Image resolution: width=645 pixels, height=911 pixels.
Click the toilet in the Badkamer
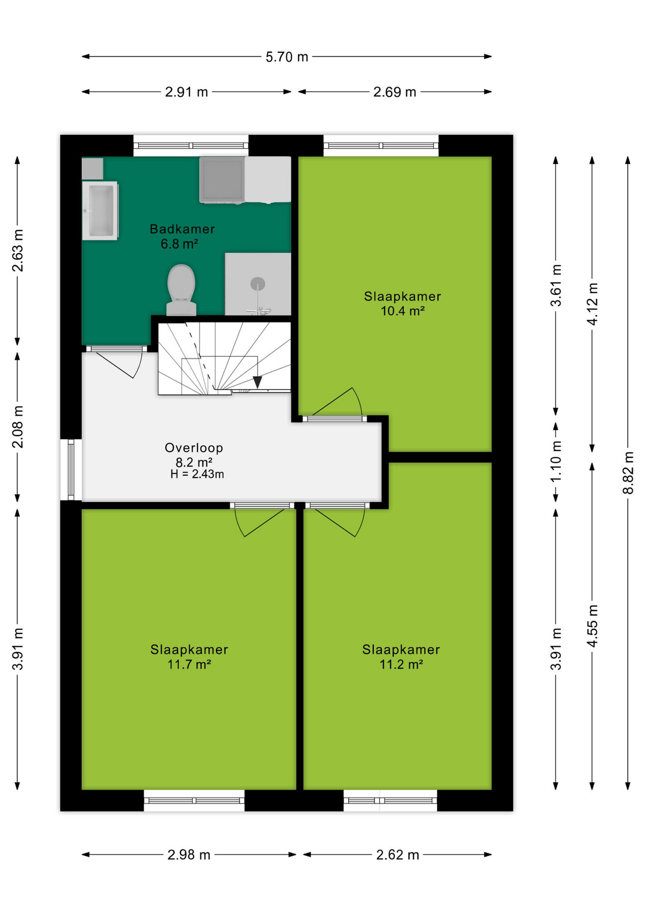pyautogui.click(x=181, y=289)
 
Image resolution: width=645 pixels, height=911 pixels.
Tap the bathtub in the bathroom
pyautogui.click(x=100, y=211)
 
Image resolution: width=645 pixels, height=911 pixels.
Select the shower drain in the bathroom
pyautogui.click(x=257, y=284)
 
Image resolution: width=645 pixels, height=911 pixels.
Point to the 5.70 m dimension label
pyautogui.click(x=287, y=57)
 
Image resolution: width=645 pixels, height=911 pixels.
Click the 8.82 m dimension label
pyautogui.click(x=628, y=473)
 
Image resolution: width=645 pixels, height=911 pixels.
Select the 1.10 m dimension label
pyautogui.click(x=556, y=461)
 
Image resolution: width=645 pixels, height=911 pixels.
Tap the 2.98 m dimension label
pyautogui.click(x=189, y=855)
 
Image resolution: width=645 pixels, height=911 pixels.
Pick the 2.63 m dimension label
pyautogui.click(x=18, y=251)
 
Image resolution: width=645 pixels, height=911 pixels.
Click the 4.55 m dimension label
pyautogui.click(x=592, y=626)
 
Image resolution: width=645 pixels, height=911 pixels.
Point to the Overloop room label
pyautogui.click(x=194, y=447)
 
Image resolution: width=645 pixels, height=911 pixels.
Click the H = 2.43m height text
pyautogui.click(x=197, y=474)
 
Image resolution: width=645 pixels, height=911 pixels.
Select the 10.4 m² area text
pyautogui.click(x=402, y=311)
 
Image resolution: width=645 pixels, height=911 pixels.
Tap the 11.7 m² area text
pyautogui.click(x=189, y=664)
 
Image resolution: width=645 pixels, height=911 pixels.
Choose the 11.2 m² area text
pyautogui.click(x=401, y=664)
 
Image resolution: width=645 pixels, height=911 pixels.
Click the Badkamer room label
pyautogui.click(x=182, y=229)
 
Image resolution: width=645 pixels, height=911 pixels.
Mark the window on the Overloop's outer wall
pyautogui.click(x=71, y=470)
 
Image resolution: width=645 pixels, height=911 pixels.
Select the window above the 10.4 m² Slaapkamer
pyautogui.click(x=381, y=145)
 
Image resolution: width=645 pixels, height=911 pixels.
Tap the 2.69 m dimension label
pyautogui.click(x=395, y=92)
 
